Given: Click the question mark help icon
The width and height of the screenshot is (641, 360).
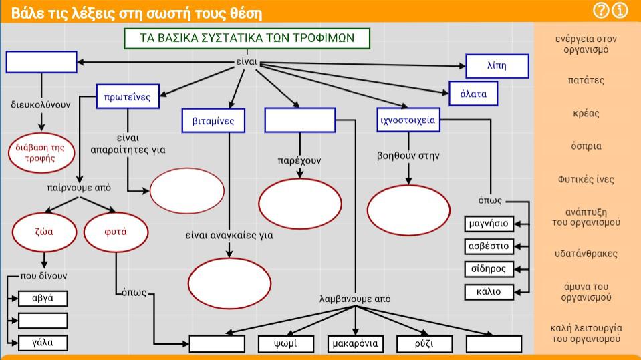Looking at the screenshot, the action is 601,10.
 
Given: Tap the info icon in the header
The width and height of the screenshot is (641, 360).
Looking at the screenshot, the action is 620,10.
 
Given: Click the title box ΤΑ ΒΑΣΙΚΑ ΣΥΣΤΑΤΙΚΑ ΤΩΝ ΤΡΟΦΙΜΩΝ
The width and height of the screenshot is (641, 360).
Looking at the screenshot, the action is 247,39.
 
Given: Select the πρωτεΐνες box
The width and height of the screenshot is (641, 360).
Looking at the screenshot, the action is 128,96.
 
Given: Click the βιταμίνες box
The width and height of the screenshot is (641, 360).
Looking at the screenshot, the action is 213,120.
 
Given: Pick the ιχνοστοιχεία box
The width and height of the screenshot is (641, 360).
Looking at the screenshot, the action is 408,120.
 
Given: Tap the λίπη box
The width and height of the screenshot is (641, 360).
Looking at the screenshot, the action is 497,66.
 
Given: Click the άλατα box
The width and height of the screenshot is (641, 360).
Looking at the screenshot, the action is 473,94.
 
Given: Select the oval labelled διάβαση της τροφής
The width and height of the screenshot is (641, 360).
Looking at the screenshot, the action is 41,153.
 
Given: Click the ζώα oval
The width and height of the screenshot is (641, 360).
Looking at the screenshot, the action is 44,232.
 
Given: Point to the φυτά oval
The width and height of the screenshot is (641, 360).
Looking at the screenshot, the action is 116,232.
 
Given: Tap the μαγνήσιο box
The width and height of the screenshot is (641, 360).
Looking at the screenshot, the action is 489,224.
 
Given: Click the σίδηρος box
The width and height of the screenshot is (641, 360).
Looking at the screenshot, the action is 489,269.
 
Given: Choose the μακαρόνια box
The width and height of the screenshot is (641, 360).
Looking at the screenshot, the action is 355,344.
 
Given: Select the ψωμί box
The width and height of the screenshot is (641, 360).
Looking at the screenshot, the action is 286,344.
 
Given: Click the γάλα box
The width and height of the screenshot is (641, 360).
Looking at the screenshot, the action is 43,343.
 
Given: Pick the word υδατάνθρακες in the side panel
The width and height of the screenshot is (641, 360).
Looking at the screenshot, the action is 586,254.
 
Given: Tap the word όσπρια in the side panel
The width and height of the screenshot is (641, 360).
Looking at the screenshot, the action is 586,146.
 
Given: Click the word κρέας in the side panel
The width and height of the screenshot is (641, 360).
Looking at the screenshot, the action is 586,113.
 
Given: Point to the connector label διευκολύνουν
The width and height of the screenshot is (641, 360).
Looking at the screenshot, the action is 41,105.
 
